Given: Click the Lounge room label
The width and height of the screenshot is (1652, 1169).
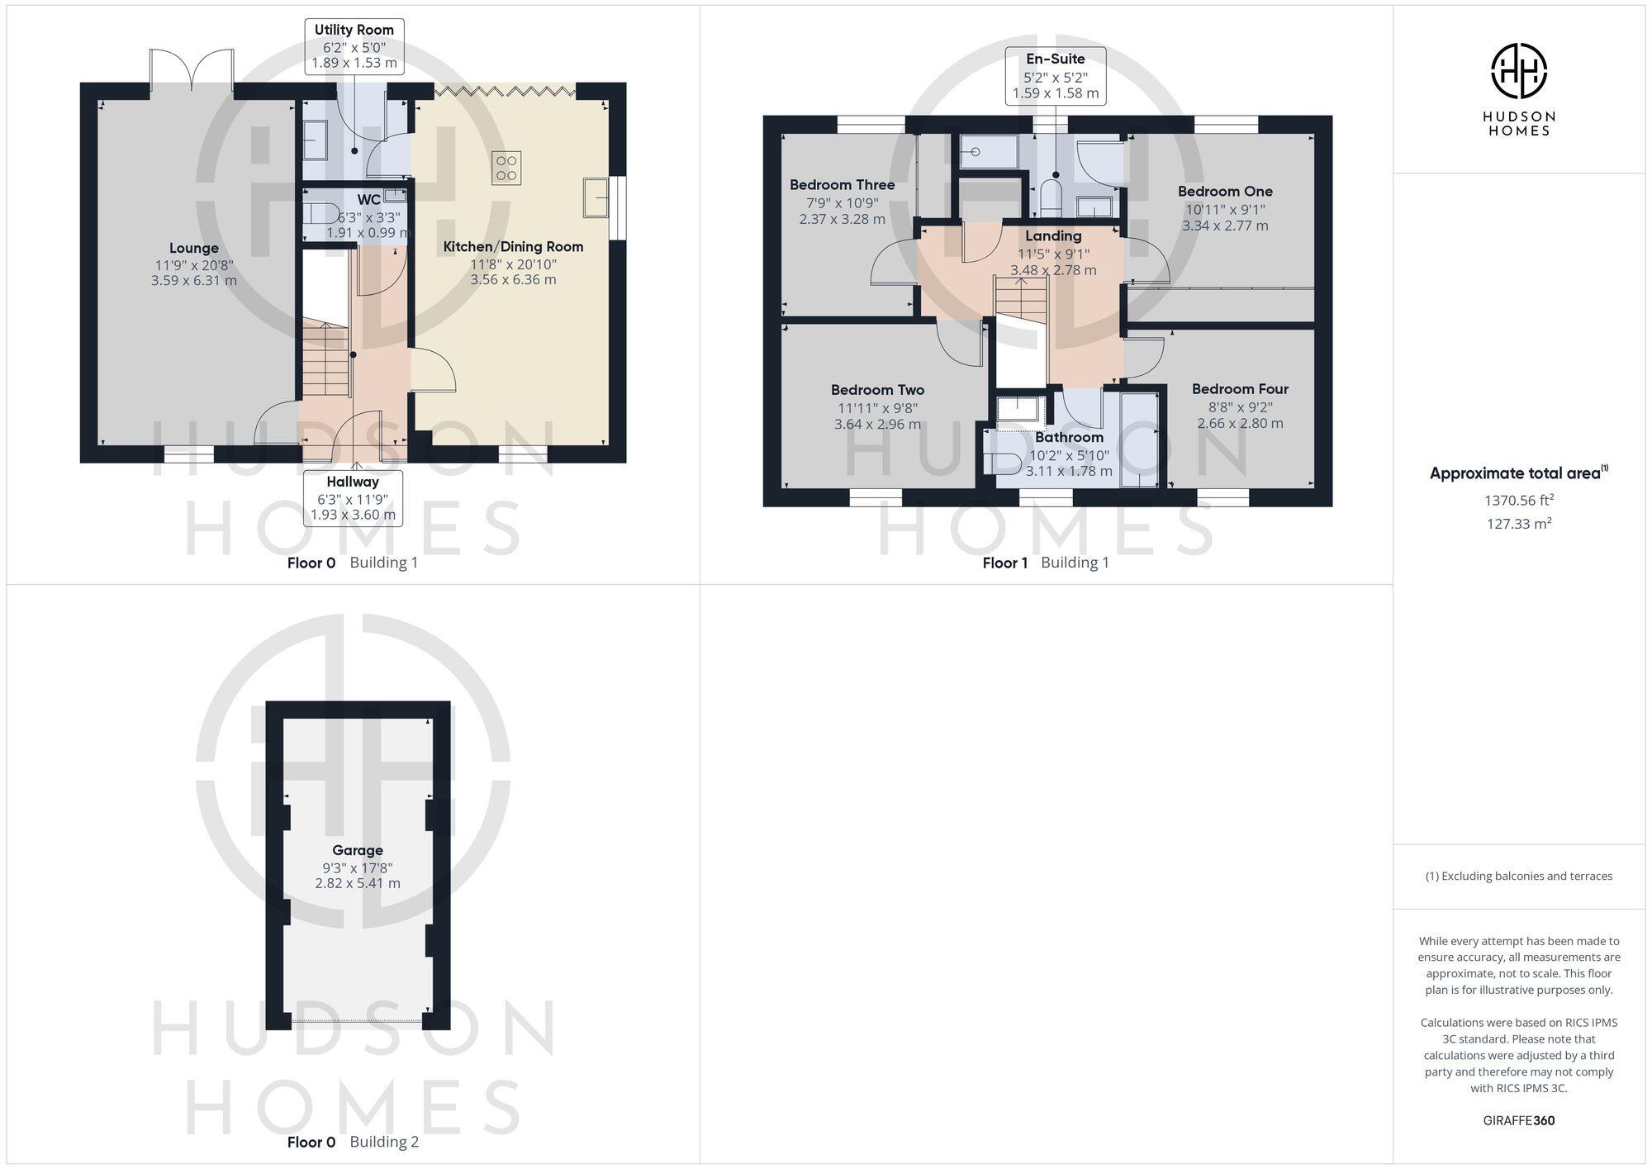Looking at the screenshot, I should [x=194, y=248].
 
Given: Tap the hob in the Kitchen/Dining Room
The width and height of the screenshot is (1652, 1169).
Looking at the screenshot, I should [x=506, y=169].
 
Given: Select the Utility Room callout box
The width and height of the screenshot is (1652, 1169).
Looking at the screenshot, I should [x=354, y=46].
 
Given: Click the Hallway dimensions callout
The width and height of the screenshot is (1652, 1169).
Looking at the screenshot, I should [x=353, y=498].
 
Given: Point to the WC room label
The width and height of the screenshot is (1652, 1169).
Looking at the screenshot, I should [x=368, y=200].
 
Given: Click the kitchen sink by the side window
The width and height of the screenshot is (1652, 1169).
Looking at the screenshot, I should [x=596, y=197].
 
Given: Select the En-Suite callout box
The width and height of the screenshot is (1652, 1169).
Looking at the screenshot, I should [x=1056, y=75].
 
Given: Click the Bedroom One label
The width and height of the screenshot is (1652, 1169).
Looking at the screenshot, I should [x=1225, y=192].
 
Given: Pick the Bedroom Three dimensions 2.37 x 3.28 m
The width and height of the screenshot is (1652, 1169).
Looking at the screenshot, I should [x=842, y=219].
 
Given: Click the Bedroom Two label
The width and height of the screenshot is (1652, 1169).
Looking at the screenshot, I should [x=877, y=390].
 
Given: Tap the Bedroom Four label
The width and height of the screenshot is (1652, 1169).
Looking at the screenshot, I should [x=1240, y=389].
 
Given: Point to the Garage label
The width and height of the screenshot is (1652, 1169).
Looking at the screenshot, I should [x=358, y=850].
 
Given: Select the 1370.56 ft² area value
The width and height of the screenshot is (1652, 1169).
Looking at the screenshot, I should [x=1518, y=500].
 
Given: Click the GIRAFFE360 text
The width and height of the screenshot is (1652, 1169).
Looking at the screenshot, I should [x=1518, y=1120].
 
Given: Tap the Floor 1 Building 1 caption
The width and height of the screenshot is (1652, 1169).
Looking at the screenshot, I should [x=1045, y=563].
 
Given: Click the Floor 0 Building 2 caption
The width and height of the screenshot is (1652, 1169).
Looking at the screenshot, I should [x=353, y=1142].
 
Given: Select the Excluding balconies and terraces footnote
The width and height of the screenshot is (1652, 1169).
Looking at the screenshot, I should [x=1518, y=876].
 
